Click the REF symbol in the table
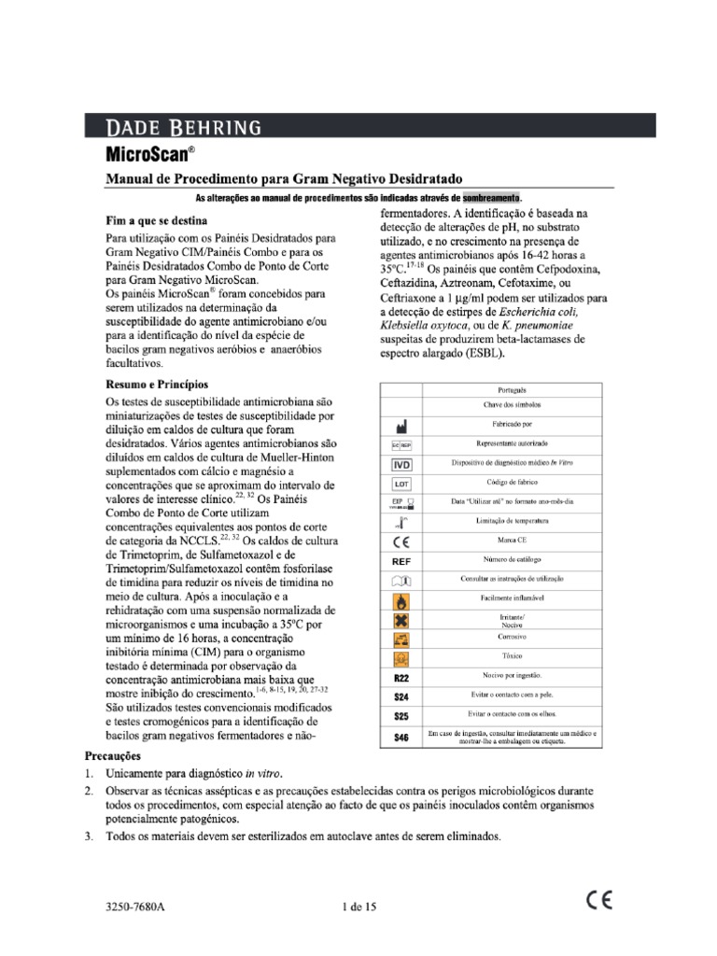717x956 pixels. [401, 561]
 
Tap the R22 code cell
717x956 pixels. [401, 677]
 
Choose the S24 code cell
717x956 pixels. [401, 696]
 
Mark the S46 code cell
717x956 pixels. [401, 737]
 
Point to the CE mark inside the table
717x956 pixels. [401, 541]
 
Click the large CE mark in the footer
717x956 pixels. [599, 901]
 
